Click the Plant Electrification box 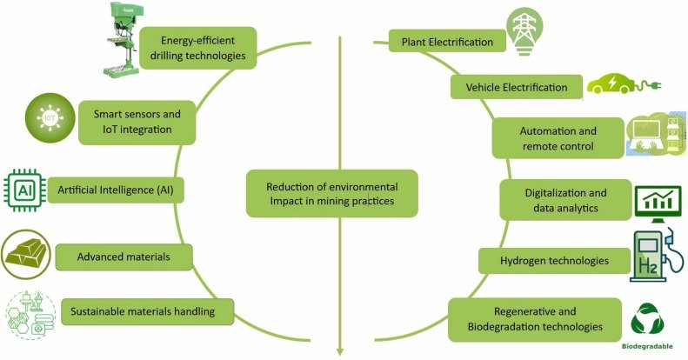tap(447, 41)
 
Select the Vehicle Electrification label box tap(517, 87)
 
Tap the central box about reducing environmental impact tap(331, 193)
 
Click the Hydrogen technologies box tap(554, 261)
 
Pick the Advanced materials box tap(124, 257)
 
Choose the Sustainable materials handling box tap(147, 311)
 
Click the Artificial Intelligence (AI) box tap(116, 190)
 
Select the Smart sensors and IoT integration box tap(137, 123)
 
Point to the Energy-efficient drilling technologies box tap(197, 48)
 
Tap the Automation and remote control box tap(558, 138)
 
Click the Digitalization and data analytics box tap(565, 199)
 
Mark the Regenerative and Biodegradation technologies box tap(535, 319)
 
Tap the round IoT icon tap(50, 117)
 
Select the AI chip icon tap(24, 190)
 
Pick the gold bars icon tap(26, 255)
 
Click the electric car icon tap(623, 83)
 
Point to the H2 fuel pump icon tap(656, 256)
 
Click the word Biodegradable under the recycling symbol tap(647, 346)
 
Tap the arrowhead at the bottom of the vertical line tap(339, 351)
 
